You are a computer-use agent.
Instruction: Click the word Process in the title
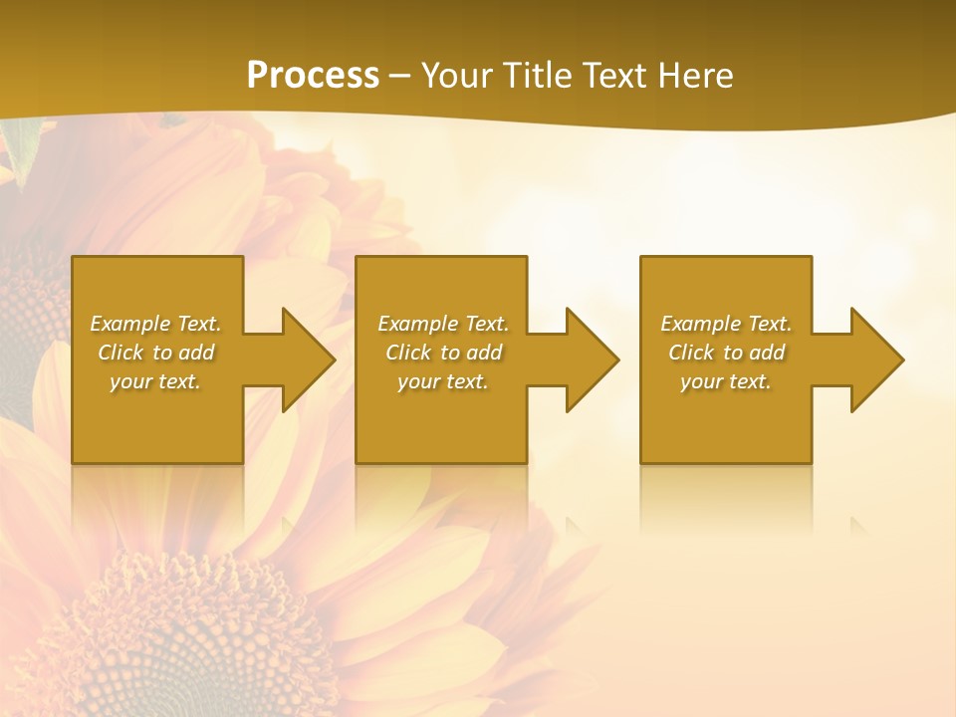pyautogui.click(x=313, y=76)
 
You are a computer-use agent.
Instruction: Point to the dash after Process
pyautogui.click(x=400, y=77)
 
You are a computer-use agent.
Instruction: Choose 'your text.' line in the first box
pyautogui.click(x=155, y=381)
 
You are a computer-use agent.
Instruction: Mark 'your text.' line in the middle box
pyautogui.click(x=442, y=381)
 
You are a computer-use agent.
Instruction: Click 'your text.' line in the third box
pyautogui.click(x=726, y=381)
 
